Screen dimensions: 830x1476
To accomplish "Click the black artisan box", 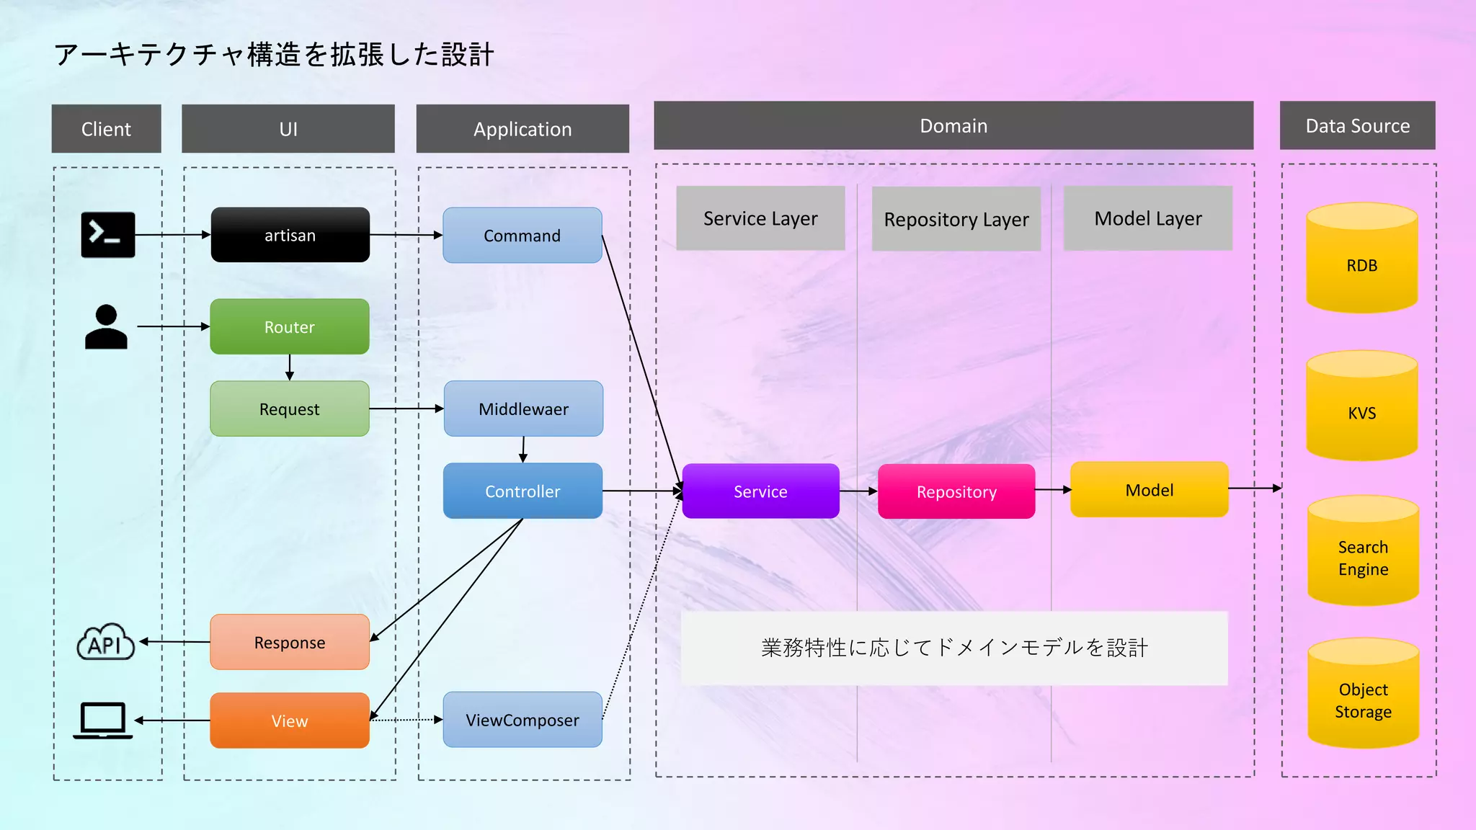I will [290, 235].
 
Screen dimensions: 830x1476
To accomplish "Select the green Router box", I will [290, 326].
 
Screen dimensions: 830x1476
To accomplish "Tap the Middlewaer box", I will [523, 409].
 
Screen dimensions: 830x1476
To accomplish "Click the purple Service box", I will [760, 491].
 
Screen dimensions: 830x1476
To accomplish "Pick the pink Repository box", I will [956, 491].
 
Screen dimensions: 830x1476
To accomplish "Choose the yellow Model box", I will [1149, 490].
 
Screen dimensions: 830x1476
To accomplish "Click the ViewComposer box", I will [523, 720].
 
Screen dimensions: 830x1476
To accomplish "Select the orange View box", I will [290, 720].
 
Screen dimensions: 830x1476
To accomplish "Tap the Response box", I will [290, 642].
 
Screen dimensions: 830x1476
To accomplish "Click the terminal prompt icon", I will [108, 235].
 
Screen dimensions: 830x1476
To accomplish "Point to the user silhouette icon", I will [106, 327].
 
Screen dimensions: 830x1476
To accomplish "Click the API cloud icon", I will [106, 642].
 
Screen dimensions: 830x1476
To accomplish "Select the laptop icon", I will [103, 720].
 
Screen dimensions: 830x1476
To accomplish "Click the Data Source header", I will [1357, 126].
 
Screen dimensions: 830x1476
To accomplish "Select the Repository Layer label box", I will [956, 219].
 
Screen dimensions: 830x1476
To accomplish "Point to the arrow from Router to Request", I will [290, 367].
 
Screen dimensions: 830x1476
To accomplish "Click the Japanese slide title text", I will [274, 55].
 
